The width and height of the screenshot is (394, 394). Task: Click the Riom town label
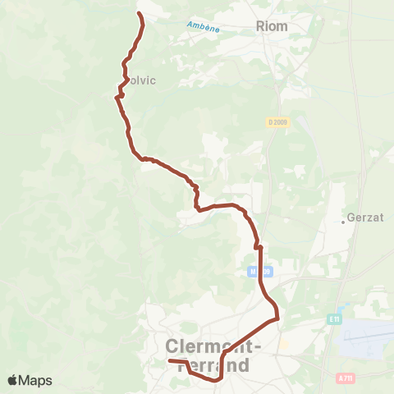click(x=273, y=26)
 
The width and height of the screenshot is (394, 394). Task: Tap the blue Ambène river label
click(x=203, y=27)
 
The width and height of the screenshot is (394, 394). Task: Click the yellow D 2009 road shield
click(x=277, y=122)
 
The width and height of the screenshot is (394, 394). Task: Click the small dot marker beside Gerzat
click(x=344, y=221)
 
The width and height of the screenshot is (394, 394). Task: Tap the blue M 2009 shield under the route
click(x=259, y=272)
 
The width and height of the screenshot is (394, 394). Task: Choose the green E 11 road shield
click(x=333, y=318)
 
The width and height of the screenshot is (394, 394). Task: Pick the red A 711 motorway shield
click(x=346, y=378)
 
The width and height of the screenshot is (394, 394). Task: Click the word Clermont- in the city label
click(x=214, y=347)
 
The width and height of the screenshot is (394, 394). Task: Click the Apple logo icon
click(x=13, y=380)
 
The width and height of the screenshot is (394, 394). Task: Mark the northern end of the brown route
click(x=139, y=14)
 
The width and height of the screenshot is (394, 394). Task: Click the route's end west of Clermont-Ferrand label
click(x=170, y=361)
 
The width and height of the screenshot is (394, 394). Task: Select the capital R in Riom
click(x=262, y=26)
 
